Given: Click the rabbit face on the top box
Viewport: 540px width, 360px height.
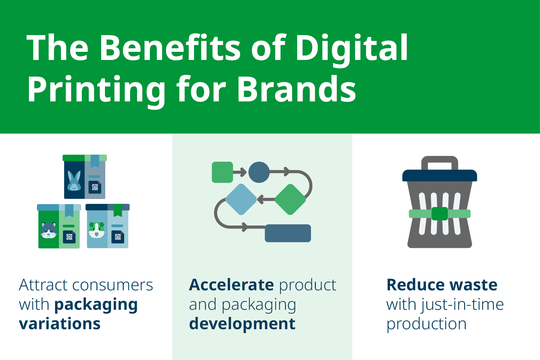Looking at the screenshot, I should pyautogui.click(x=74, y=181).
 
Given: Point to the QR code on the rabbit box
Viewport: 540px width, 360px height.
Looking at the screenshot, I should pyautogui.click(x=95, y=187).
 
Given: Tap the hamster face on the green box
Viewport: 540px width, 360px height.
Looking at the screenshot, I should pyautogui.click(x=49, y=230).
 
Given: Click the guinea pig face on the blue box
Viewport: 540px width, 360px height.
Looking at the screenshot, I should pyautogui.click(x=97, y=230).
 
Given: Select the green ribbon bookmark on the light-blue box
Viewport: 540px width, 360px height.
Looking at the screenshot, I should pyautogui.click(x=118, y=210).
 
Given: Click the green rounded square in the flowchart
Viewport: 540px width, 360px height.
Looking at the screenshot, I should pyautogui.click(x=222, y=172).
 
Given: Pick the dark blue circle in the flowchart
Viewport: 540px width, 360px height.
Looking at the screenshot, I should pyautogui.click(x=259, y=172).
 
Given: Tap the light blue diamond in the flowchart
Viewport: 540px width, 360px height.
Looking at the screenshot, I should pyautogui.click(x=241, y=199).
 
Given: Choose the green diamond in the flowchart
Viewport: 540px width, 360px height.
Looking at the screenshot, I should pyautogui.click(x=290, y=199).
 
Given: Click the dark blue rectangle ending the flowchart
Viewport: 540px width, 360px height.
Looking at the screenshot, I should pyautogui.click(x=288, y=233).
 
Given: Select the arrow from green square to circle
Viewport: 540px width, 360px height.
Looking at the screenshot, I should pyautogui.click(x=240, y=172).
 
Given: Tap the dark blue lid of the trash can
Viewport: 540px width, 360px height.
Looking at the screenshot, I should pyautogui.click(x=440, y=176).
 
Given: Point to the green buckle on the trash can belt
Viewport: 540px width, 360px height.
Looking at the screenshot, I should pyautogui.click(x=440, y=214).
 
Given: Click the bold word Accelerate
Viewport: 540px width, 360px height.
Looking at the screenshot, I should pyautogui.click(x=231, y=285).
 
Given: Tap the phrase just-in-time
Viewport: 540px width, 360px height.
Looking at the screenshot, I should pyautogui.click(x=463, y=305).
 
